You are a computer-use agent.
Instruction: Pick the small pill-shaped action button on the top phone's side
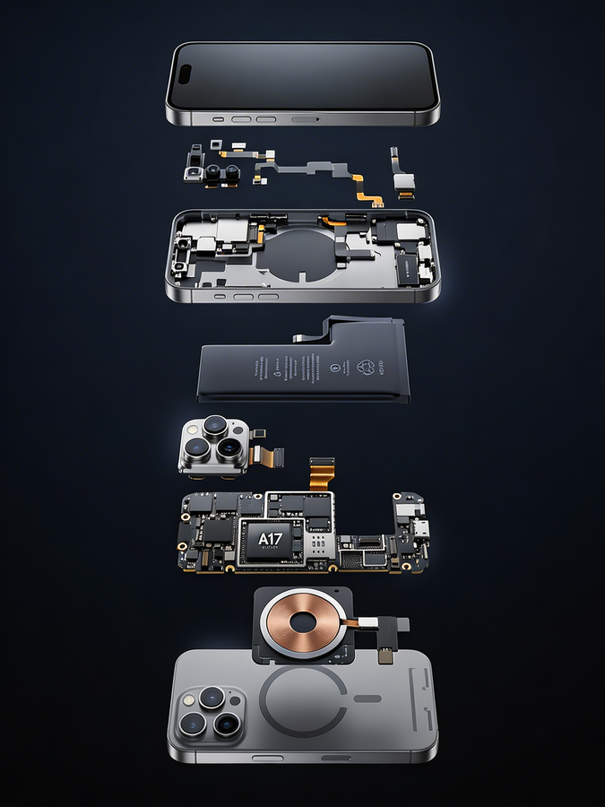218,118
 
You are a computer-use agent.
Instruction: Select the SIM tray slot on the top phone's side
306,118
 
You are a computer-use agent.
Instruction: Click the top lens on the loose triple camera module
214,426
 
